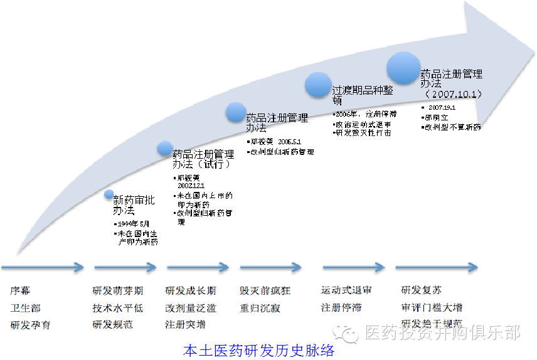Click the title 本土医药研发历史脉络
pyautogui.click(x=258, y=350)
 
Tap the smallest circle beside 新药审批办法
pyautogui.click(x=109, y=195)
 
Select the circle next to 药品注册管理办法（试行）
pyautogui.click(x=165, y=149)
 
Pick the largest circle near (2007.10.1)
pyautogui.click(x=402, y=67)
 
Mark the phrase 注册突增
pyautogui.click(x=186, y=324)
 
